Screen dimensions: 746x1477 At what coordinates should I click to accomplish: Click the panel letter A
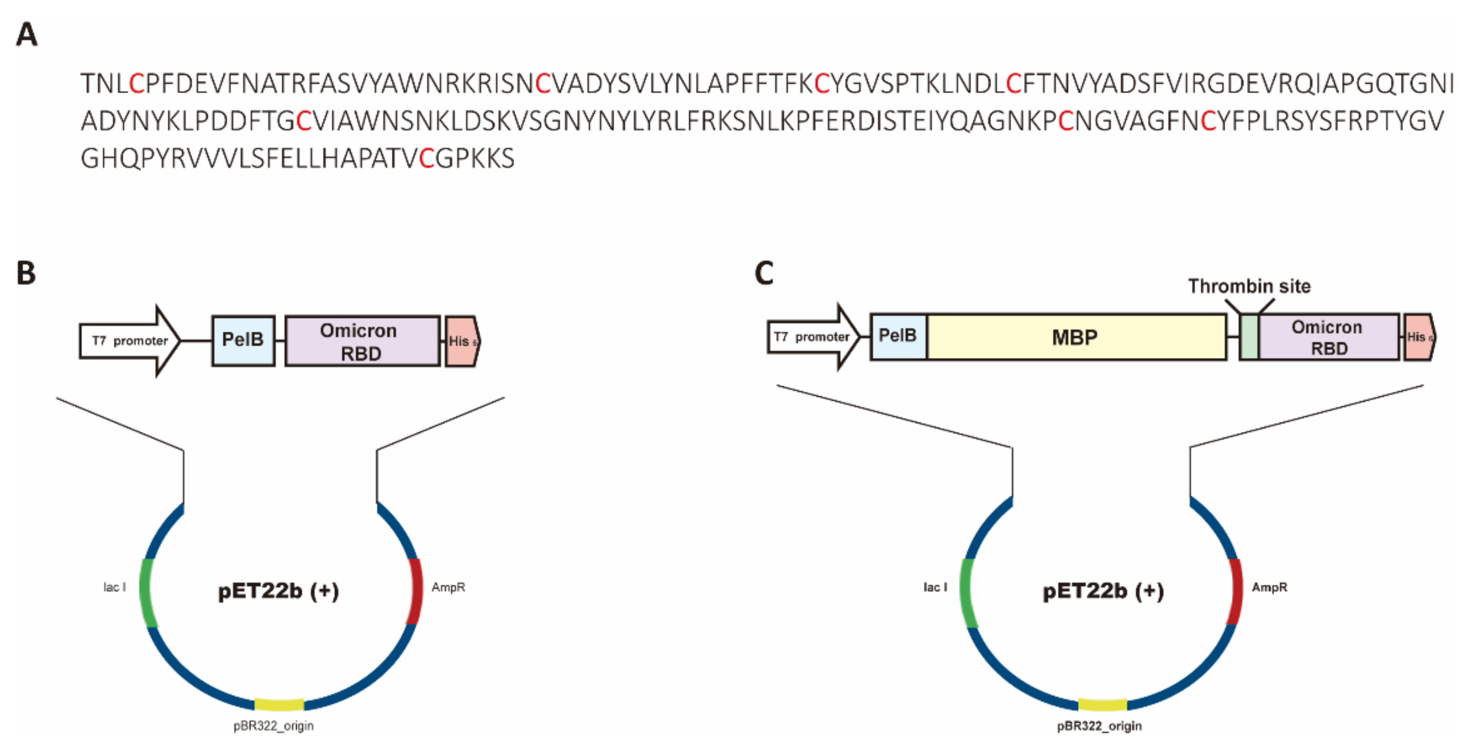pyautogui.click(x=26, y=34)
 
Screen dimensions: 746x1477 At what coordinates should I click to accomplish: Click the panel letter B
pyautogui.click(x=26, y=273)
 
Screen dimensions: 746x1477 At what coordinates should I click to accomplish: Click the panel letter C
pyautogui.click(x=764, y=273)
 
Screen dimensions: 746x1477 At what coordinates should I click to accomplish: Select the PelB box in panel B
pyautogui.click(x=243, y=340)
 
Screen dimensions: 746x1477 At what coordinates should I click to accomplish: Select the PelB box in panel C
pyautogui.click(x=898, y=337)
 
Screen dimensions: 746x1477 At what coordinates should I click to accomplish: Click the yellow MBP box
pyautogui.click(x=1076, y=337)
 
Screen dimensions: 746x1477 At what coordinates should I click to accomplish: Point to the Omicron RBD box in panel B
pyautogui.click(x=362, y=341)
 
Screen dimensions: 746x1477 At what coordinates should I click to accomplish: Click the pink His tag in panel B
pyautogui.click(x=462, y=341)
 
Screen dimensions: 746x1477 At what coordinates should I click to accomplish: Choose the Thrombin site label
pyautogui.click(x=1249, y=286)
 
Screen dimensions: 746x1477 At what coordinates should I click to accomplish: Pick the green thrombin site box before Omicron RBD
pyautogui.click(x=1249, y=337)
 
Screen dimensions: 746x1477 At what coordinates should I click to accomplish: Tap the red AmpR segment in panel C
pyautogui.click(x=1235, y=591)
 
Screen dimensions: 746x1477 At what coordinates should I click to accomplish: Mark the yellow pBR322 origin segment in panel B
pyautogui.click(x=279, y=704)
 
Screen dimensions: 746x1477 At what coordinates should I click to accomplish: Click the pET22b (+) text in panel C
pyautogui.click(x=1103, y=591)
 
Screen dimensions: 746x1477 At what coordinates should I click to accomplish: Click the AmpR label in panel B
pyautogui.click(x=448, y=587)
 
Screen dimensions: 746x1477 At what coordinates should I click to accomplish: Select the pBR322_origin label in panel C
pyautogui.click(x=1099, y=726)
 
